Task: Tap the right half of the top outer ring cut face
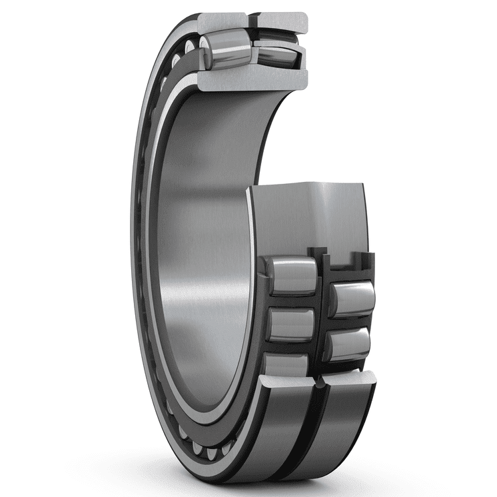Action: [283, 22]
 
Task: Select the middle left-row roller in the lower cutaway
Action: [290, 324]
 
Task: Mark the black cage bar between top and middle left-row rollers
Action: [290, 300]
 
